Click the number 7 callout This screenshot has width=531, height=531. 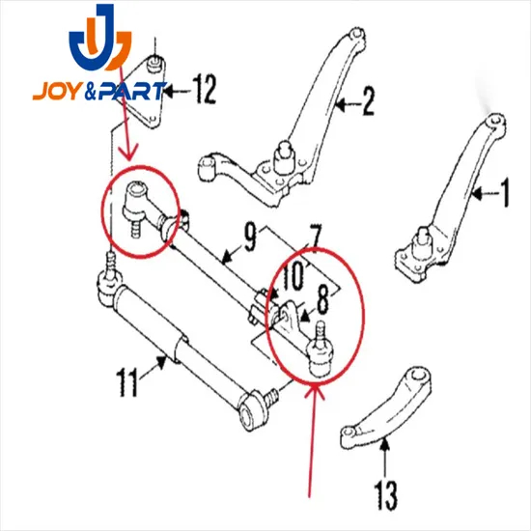point(314,235)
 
